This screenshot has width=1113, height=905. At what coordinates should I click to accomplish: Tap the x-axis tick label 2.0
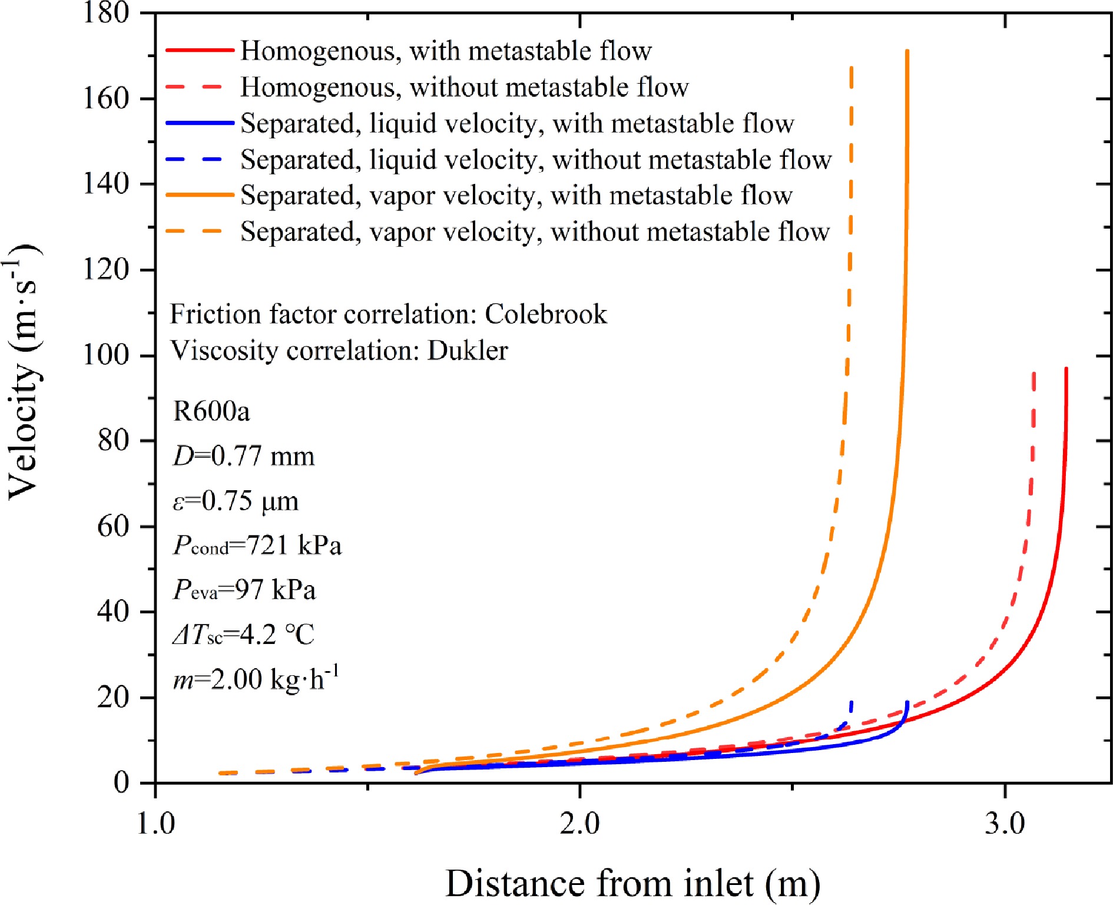(x=579, y=823)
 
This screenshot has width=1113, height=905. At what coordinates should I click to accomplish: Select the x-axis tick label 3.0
(x=1004, y=823)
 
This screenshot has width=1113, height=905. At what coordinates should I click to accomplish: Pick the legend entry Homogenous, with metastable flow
(x=446, y=51)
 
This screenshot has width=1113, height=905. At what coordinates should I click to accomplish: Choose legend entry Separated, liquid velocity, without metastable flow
(x=536, y=160)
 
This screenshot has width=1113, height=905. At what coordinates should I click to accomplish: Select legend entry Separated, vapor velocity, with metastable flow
(x=516, y=196)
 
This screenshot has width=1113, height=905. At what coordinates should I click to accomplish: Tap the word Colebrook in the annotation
(x=545, y=314)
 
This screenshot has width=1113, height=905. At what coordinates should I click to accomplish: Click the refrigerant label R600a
(x=211, y=411)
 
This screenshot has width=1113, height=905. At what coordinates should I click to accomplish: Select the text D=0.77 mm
(x=244, y=456)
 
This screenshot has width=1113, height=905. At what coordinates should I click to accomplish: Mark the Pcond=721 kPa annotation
(x=257, y=545)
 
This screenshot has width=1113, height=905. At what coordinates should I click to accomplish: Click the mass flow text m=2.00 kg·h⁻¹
(x=256, y=679)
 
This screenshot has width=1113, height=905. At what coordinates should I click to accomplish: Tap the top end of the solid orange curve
(x=907, y=52)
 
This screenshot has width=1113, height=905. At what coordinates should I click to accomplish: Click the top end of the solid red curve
(x=1066, y=369)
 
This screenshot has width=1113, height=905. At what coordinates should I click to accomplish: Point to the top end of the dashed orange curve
(x=852, y=68)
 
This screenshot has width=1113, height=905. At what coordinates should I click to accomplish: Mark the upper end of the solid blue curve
(x=907, y=702)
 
